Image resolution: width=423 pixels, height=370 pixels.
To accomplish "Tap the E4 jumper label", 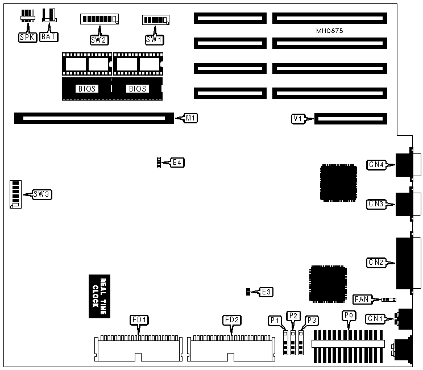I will [x=177, y=163].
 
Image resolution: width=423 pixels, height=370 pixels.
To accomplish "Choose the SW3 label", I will [x=42, y=194].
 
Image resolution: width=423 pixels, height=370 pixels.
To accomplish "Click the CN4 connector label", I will [x=376, y=165].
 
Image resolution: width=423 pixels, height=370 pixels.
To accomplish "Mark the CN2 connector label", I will [x=376, y=263].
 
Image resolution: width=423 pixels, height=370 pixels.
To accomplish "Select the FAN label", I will [x=362, y=299].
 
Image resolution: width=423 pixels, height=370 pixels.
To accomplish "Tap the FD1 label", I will [x=139, y=320].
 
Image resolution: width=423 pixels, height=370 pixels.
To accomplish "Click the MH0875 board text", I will [x=329, y=31].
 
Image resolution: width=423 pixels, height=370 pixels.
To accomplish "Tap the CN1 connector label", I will [x=376, y=318].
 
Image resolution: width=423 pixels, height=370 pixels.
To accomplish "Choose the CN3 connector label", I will [x=376, y=203].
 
